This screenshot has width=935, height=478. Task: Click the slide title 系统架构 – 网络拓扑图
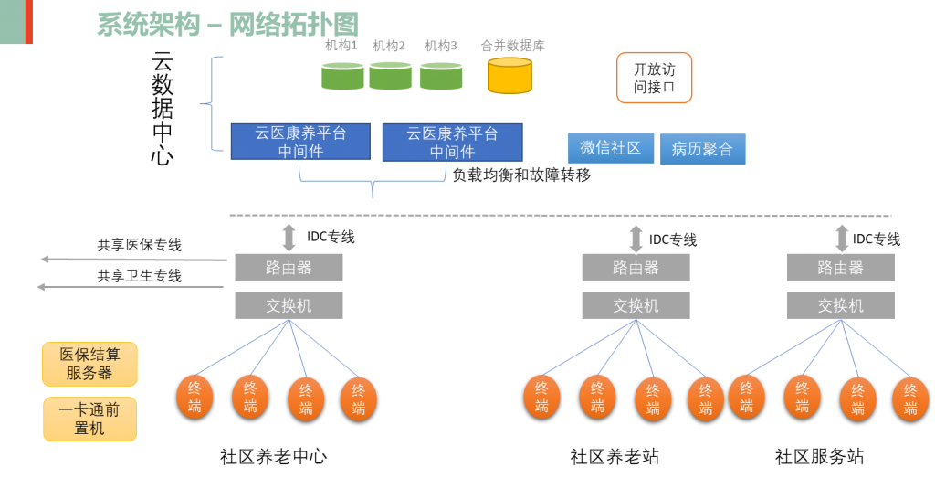point(227,25)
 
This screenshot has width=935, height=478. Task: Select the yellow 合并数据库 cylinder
point(510,76)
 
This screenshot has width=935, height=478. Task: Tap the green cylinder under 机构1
point(342,76)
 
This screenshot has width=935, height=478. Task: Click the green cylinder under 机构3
point(441,76)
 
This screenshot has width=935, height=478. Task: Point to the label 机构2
point(389,46)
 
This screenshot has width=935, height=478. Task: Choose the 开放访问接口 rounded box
point(654,78)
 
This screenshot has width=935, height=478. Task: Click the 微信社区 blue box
point(611,148)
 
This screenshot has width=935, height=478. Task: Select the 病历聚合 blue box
point(702,149)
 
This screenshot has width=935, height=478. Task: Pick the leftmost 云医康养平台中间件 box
point(300,142)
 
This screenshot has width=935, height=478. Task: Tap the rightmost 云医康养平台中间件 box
point(452,143)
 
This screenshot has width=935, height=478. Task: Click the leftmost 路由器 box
point(289,268)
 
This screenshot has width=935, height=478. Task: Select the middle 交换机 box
point(636,305)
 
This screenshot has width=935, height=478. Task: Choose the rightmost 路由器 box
point(840,268)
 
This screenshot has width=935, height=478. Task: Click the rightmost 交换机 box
point(840,305)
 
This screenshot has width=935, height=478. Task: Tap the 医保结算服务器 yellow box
point(89,364)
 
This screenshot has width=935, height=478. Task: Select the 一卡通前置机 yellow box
point(89,420)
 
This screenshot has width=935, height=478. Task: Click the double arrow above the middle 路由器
point(636,237)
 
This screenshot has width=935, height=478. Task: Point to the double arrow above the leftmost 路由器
point(289,236)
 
